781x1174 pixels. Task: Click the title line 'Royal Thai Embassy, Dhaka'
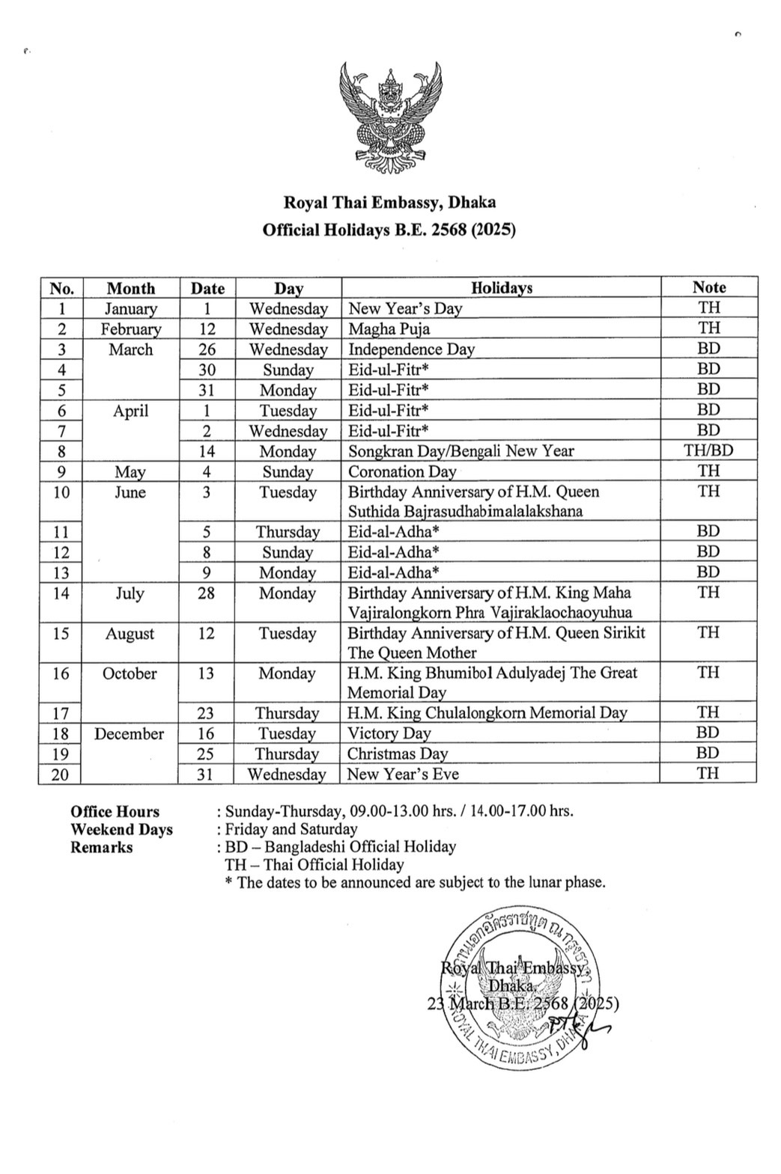click(389, 202)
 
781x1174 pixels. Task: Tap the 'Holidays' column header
click(501, 288)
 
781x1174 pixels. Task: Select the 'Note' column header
click(708, 287)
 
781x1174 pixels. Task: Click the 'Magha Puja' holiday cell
click(389, 329)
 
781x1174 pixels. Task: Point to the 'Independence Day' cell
click(411, 349)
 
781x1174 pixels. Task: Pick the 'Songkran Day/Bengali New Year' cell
click(461, 451)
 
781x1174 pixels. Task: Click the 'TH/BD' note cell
click(708, 450)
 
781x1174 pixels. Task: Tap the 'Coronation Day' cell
click(402, 472)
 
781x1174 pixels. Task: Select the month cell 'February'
click(131, 329)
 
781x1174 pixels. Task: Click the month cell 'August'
click(130, 634)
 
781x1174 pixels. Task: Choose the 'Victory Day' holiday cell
click(389, 734)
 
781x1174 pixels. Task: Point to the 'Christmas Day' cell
click(397, 754)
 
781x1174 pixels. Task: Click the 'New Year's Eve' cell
click(403, 774)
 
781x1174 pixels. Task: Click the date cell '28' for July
click(206, 593)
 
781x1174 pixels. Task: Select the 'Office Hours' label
click(115, 812)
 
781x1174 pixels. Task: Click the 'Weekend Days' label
click(121, 830)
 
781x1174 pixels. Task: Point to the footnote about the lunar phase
click(415, 883)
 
